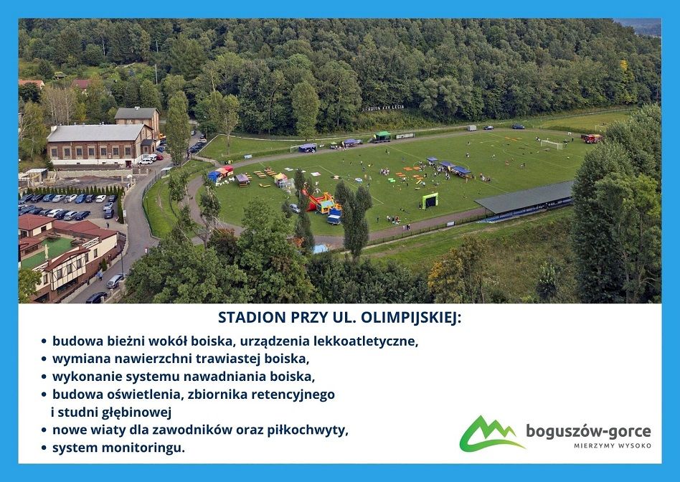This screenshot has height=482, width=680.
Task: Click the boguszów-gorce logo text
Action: point(588,432)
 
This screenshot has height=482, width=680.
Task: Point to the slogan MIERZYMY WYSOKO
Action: point(613,445)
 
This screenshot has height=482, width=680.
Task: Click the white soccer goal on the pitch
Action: point(551,144)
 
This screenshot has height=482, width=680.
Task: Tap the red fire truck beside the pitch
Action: point(592,138)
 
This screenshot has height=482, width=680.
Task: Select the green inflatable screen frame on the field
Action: point(430,200)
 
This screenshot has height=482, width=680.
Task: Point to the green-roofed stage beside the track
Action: point(382,136)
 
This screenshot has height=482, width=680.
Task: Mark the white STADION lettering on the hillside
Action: point(383,108)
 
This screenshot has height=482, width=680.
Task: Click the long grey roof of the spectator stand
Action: point(526,197)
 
